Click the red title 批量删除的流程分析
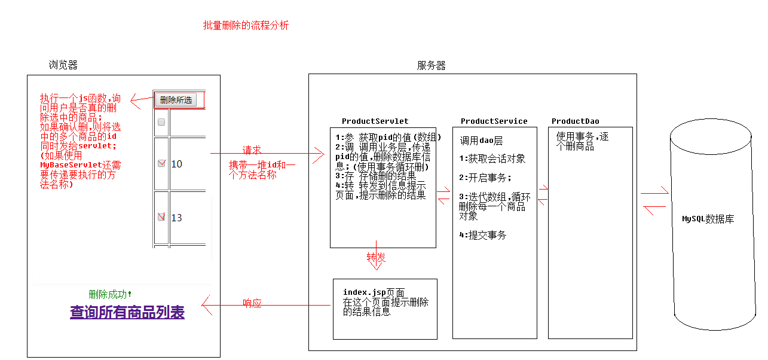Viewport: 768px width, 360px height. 246,26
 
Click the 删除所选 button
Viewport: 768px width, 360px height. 176,100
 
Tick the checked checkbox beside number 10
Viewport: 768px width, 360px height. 161,164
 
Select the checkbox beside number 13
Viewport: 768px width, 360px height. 161,217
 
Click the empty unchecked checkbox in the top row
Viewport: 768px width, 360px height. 161,122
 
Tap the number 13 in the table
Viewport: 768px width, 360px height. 176,218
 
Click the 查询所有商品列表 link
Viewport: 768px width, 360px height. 127,312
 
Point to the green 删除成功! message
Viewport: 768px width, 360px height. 110,294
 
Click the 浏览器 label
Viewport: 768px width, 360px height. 63,65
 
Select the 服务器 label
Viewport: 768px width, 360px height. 431,65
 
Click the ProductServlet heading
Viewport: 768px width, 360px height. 375,121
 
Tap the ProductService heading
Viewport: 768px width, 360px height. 494,121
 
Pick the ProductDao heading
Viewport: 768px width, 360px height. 575,121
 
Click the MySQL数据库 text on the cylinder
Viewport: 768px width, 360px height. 708,219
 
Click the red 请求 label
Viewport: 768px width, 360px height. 252,150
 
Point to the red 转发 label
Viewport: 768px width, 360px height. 376,257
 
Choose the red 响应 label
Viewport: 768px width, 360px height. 252,303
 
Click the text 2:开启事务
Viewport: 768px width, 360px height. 485,178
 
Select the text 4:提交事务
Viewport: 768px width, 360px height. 482,235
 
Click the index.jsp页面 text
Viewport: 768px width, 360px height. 374,292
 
